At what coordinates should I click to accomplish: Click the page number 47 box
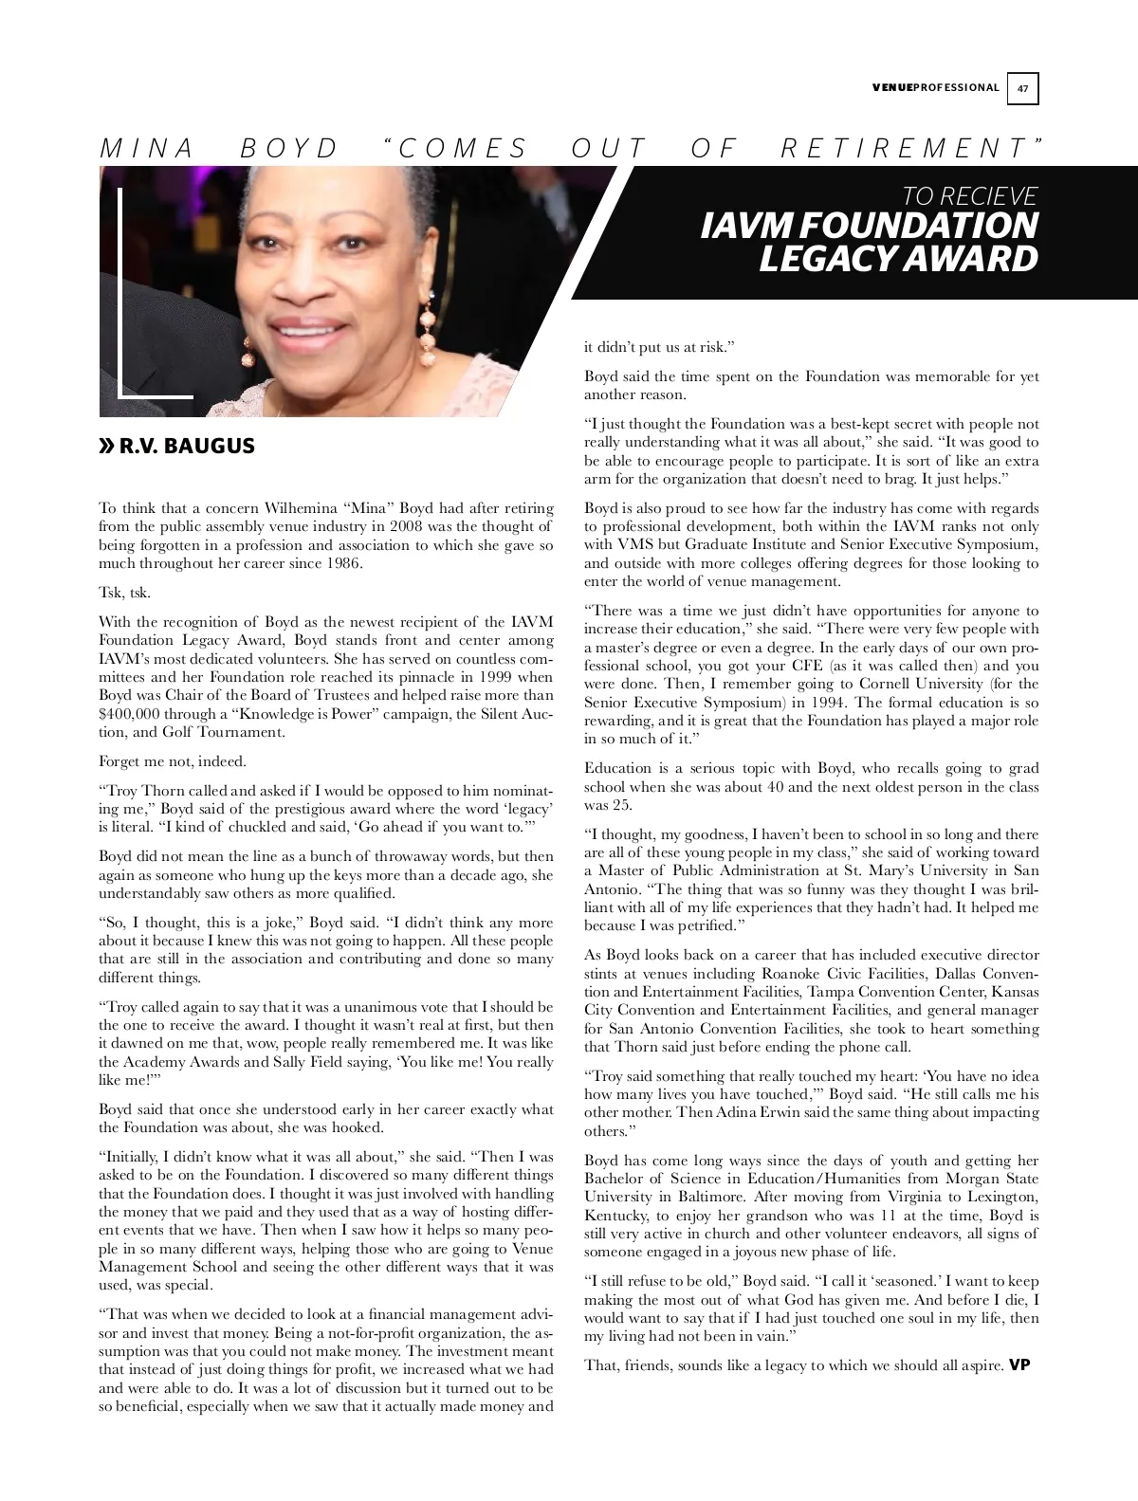(1023, 89)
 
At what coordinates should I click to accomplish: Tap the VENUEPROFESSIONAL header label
(934, 88)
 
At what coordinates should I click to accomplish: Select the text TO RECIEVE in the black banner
(969, 196)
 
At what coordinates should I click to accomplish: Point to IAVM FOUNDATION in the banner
(869, 226)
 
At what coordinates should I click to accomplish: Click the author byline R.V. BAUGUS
(187, 446)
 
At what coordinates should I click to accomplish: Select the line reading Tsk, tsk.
(124, 593)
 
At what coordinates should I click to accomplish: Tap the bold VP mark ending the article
(1019, 1365)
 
